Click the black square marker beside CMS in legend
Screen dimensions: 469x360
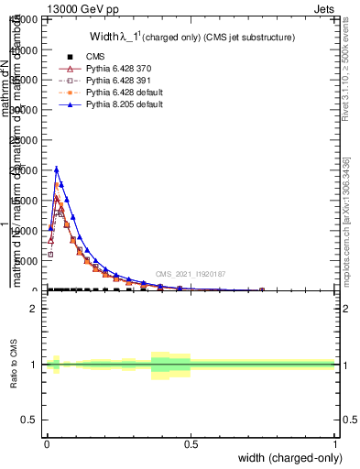[x=70, y=56]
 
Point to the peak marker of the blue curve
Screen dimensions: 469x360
[x=56, y=169]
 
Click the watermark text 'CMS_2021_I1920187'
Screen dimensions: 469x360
[x=190, y=274]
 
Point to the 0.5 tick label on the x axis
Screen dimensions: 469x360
[x=191, y=443]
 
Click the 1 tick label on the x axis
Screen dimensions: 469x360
[x=335, y=443]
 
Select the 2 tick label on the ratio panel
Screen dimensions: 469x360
[x=34, y=309]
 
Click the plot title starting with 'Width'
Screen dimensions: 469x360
[x=191, y=37]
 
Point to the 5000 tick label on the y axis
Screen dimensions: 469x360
[x=25, y=260]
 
